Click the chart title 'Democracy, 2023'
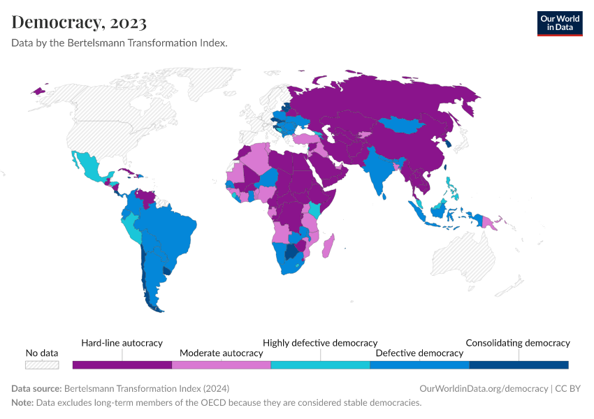(79, 22)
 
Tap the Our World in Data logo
(559, 23)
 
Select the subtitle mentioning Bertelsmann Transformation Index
(119, 43)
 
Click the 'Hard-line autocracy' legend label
(122, 343)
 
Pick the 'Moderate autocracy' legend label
(221, 353)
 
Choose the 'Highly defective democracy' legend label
(320, 343)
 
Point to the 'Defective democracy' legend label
(419, 353)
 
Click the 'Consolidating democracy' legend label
(518, 343)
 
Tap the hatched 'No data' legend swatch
(42, 365)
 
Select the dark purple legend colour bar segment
(122, 365)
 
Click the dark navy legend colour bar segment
(519, 365)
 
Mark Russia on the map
(391, 98)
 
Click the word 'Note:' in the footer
(23, 403)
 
